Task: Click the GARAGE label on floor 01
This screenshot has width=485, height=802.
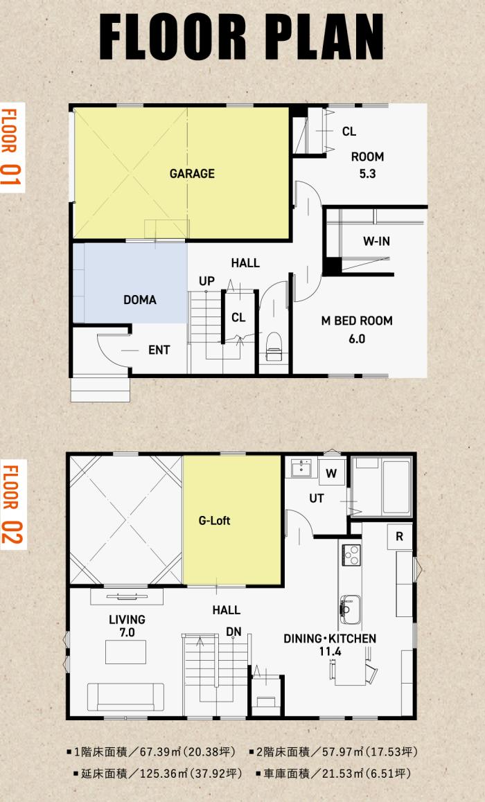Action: pos(192,173)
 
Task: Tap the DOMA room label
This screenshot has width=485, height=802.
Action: pos(140,300)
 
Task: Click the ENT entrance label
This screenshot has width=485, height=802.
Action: pos(159,350)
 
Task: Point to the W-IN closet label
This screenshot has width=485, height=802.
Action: pos(376,241)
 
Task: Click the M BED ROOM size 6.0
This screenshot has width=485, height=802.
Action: pos(357,339)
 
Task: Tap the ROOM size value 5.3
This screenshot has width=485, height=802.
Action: pos(367,174)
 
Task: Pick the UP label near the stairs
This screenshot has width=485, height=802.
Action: pos(207,280)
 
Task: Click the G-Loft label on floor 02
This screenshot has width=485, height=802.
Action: pos(214,521)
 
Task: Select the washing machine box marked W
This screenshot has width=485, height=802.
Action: pos(331,474)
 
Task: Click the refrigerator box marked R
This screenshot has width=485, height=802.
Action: pos(400,537)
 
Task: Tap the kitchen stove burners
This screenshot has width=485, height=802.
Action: pos(351,555)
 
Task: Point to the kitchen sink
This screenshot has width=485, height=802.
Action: pos(351,609)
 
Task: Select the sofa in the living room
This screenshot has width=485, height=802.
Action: pos(125,697)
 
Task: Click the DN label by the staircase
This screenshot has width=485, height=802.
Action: pos(233,632)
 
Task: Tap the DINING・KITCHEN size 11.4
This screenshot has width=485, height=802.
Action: pos(330,652)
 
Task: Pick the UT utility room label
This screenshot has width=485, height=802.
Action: pos(316,498)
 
